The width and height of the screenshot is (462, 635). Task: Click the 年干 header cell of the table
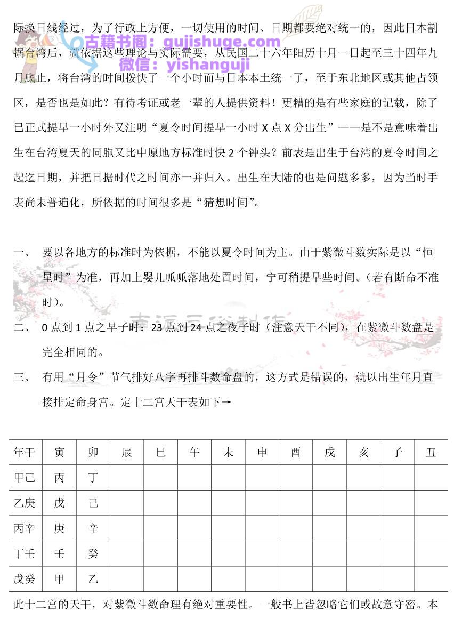25,452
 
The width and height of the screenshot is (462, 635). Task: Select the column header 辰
127,452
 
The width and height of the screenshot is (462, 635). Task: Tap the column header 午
194,452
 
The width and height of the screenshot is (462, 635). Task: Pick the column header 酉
296,452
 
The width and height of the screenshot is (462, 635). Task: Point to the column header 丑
431,452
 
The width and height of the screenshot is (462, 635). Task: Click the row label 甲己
25,477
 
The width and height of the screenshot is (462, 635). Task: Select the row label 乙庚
25,503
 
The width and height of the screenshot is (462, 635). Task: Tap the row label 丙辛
25,528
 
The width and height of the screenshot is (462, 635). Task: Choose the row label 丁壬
25,553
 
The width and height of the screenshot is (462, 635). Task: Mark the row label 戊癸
25,578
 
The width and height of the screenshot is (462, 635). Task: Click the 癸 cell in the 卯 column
93,553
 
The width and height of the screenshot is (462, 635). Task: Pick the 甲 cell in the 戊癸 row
59,578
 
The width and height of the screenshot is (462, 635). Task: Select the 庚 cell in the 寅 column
59,528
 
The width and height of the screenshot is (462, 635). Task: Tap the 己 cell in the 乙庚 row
93,503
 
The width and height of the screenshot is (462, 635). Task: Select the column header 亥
363,452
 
